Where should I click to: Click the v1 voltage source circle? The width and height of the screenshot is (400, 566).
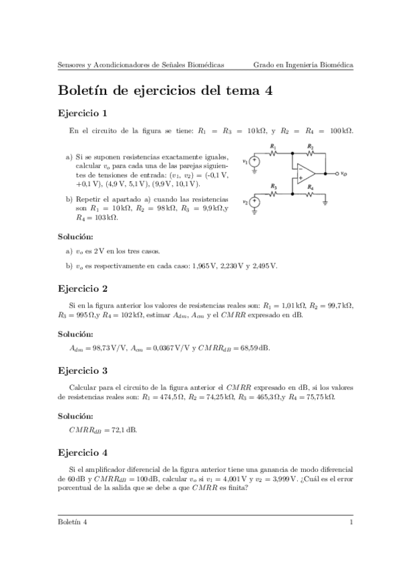pos(254,161)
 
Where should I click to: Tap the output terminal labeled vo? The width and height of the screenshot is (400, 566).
pos(336,173)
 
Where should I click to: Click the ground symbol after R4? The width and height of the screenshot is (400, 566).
pos(325,201)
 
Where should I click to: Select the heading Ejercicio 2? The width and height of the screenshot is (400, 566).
pos(83,289)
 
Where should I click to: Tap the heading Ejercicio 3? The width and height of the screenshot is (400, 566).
pos(83,370)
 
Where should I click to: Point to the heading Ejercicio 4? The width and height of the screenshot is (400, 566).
pos(83,452)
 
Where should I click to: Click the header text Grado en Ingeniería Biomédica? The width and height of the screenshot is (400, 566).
pos(303,65)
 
